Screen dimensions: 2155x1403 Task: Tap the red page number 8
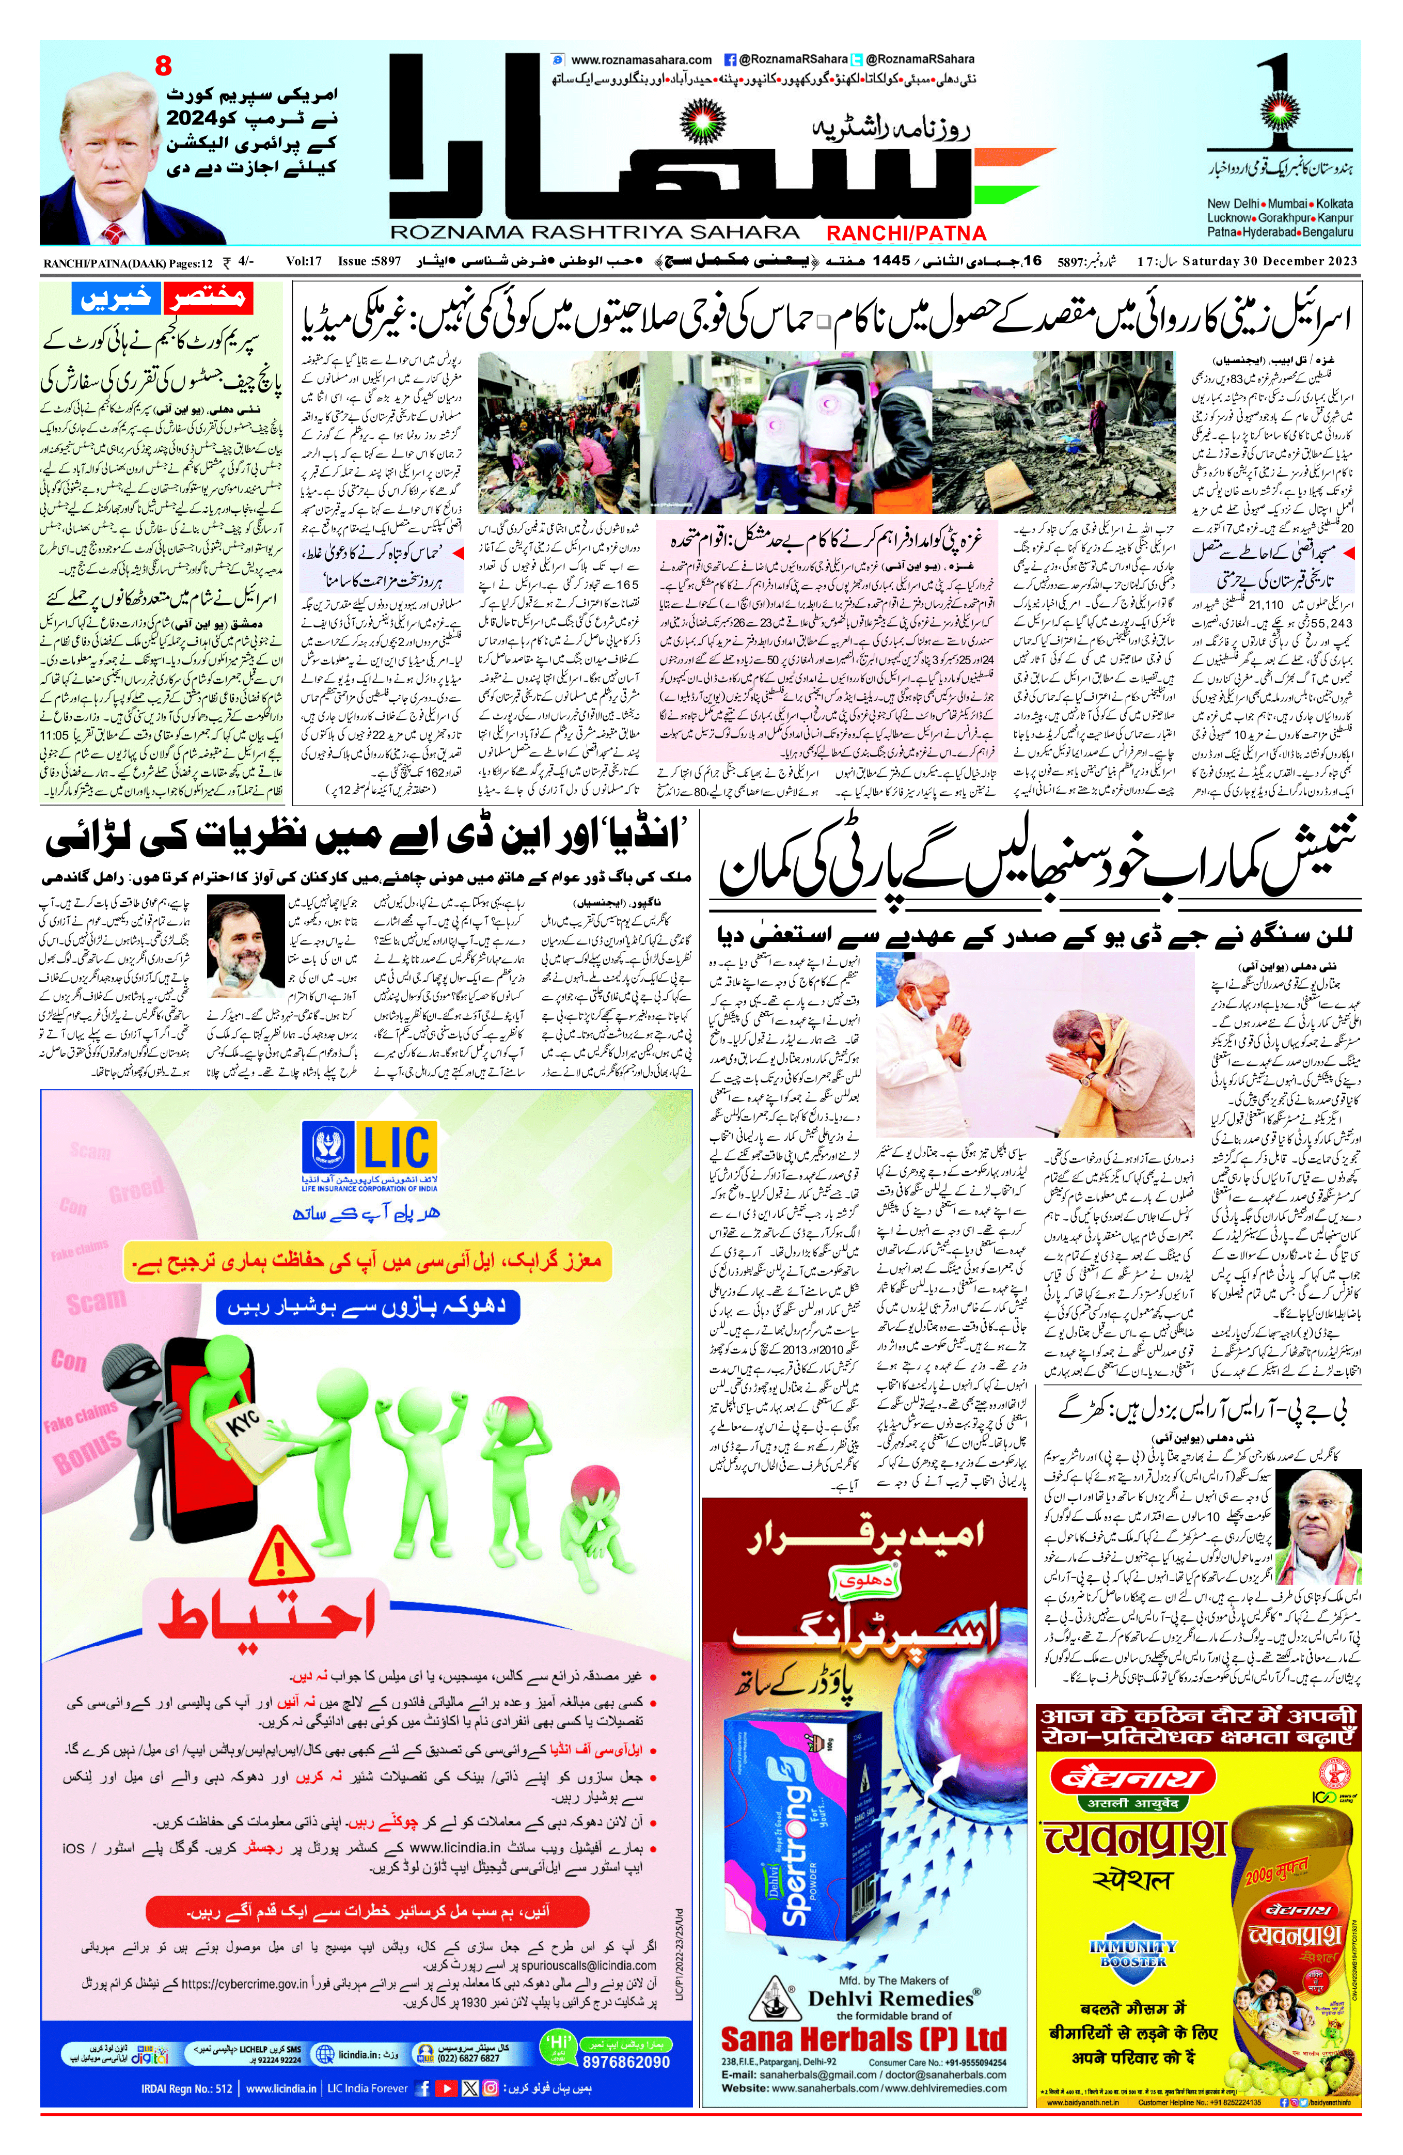coord(163,66)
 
